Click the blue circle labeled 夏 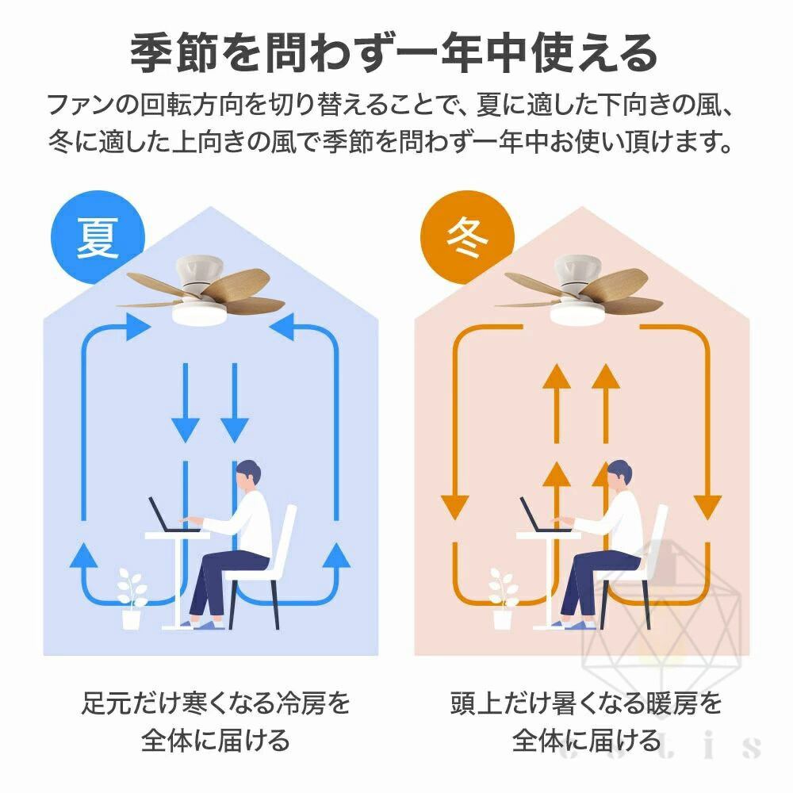98,238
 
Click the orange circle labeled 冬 467,238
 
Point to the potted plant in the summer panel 132,599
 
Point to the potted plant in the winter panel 504,599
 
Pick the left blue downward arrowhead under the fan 185,431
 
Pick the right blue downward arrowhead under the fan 234,431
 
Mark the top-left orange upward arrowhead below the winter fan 557,376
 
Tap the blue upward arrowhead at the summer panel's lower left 84,554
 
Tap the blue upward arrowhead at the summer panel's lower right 336,554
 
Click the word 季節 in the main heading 174,53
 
